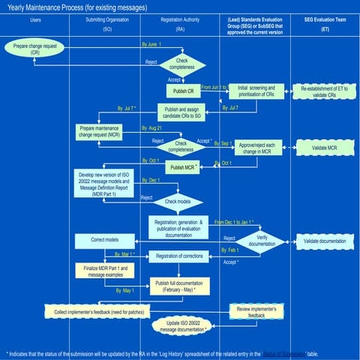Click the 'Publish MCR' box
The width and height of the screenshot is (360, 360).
(x=185, y=167)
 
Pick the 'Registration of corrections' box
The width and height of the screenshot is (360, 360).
(x=179, y=256)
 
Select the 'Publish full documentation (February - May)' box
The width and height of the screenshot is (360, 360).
(x=180, y=286)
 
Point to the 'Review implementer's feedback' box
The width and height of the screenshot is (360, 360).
(x=256, y=311)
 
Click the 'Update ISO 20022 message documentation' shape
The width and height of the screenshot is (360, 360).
(x=182, y=326)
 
